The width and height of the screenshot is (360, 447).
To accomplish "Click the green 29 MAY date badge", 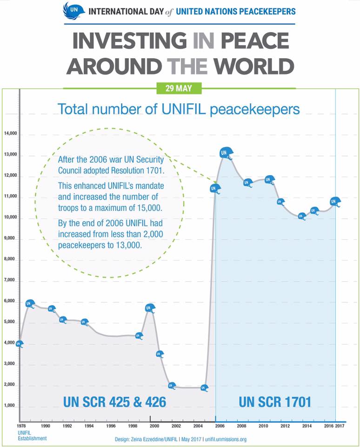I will pyautogui.click(x=180, y=88).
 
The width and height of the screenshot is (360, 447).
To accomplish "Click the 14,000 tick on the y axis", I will pyautogui.click(x=10, y=134).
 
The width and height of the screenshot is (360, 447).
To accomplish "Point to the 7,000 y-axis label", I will pyautogui.click(x=10, y=281).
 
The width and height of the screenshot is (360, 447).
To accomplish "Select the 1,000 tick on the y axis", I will pyautogui.click(x=10, y=406).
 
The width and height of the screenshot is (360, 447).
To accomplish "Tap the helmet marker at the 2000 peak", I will pyautogui.click(x=150, y=308).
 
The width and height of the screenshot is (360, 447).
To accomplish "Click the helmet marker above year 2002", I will pyautogui.click(x=172, y=386).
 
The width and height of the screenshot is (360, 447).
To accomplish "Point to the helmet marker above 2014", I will pyautogui.click(x=302, y=216).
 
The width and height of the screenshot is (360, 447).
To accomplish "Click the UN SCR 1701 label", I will pyautogui.click(x=275, y=401).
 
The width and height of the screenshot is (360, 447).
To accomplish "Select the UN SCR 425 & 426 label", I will pyautogui.click(x=114, y=401).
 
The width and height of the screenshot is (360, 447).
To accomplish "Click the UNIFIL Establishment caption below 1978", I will pyautogui.click(x=32, y=435).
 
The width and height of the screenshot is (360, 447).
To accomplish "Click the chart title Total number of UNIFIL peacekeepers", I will pyautogui.click(x=179, y=109).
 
